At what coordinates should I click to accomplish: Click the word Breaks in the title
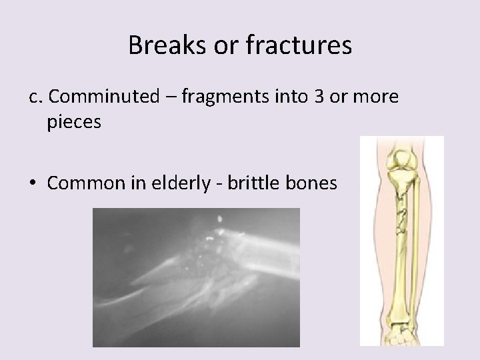[159, 46]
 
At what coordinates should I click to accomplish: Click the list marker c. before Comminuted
[36, 97]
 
